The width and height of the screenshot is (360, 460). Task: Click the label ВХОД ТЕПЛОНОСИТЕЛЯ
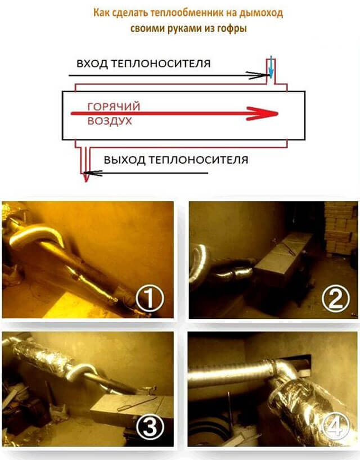point(143,64)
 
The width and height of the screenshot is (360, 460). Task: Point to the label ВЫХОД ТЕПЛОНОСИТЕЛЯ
point(176,160)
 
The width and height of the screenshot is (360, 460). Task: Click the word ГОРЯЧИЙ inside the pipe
point(114,106)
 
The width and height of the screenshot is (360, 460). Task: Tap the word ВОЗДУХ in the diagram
point(110,121)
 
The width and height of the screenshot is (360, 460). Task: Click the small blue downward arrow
point(271,67)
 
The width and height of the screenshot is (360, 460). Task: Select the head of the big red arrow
point(262,114)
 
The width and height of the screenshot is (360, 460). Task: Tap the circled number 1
point(150,299)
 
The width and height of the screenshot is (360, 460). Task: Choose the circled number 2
point(336,299)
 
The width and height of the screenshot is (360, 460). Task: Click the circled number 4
point(336,426)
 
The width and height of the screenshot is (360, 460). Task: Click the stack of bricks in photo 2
point(341,228)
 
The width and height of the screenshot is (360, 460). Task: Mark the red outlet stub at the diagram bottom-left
point(85,164)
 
